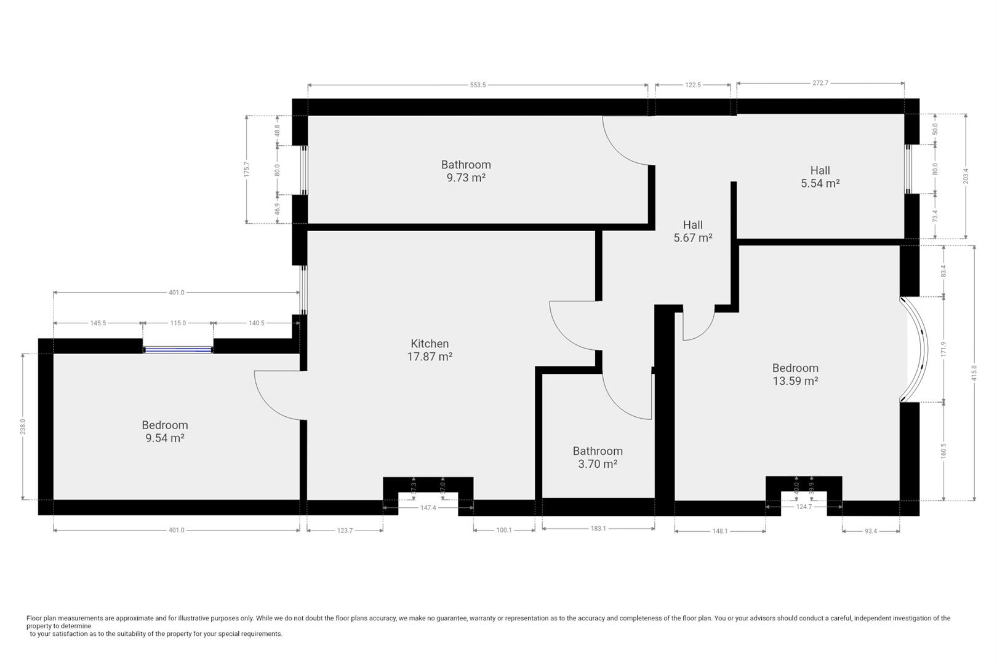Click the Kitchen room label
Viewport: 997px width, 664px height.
(430, 344)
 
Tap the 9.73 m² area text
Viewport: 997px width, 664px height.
(466, 178)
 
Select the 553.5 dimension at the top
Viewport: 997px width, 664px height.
(478, 85)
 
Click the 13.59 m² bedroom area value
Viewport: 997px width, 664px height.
(795, 381)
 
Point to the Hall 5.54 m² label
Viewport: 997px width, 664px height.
(820, 177)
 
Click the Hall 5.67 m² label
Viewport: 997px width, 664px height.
(692, 232)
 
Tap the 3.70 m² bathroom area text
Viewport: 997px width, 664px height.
(597, 464)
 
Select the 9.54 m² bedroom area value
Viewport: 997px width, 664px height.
(164, 438)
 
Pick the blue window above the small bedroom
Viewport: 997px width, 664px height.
(178, 350)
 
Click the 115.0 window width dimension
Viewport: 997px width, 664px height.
(178, 323)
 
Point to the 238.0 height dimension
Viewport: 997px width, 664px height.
(23, 427)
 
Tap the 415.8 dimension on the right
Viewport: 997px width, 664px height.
(974, 373)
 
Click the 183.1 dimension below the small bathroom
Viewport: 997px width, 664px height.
(598, 528)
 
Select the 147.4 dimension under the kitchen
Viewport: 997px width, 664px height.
(428, 508)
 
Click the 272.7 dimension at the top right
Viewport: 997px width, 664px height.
(820, 82)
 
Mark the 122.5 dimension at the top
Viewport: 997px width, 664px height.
(693, 85)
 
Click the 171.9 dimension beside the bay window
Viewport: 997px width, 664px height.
(943, 349)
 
